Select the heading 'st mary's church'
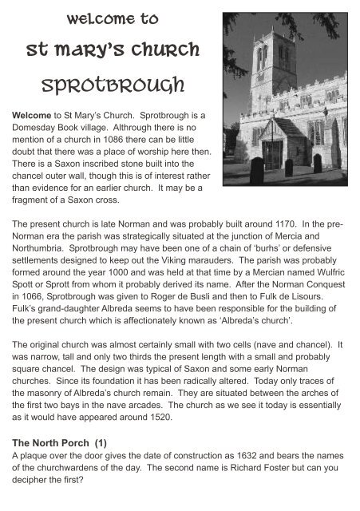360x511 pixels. coord(106,50)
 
